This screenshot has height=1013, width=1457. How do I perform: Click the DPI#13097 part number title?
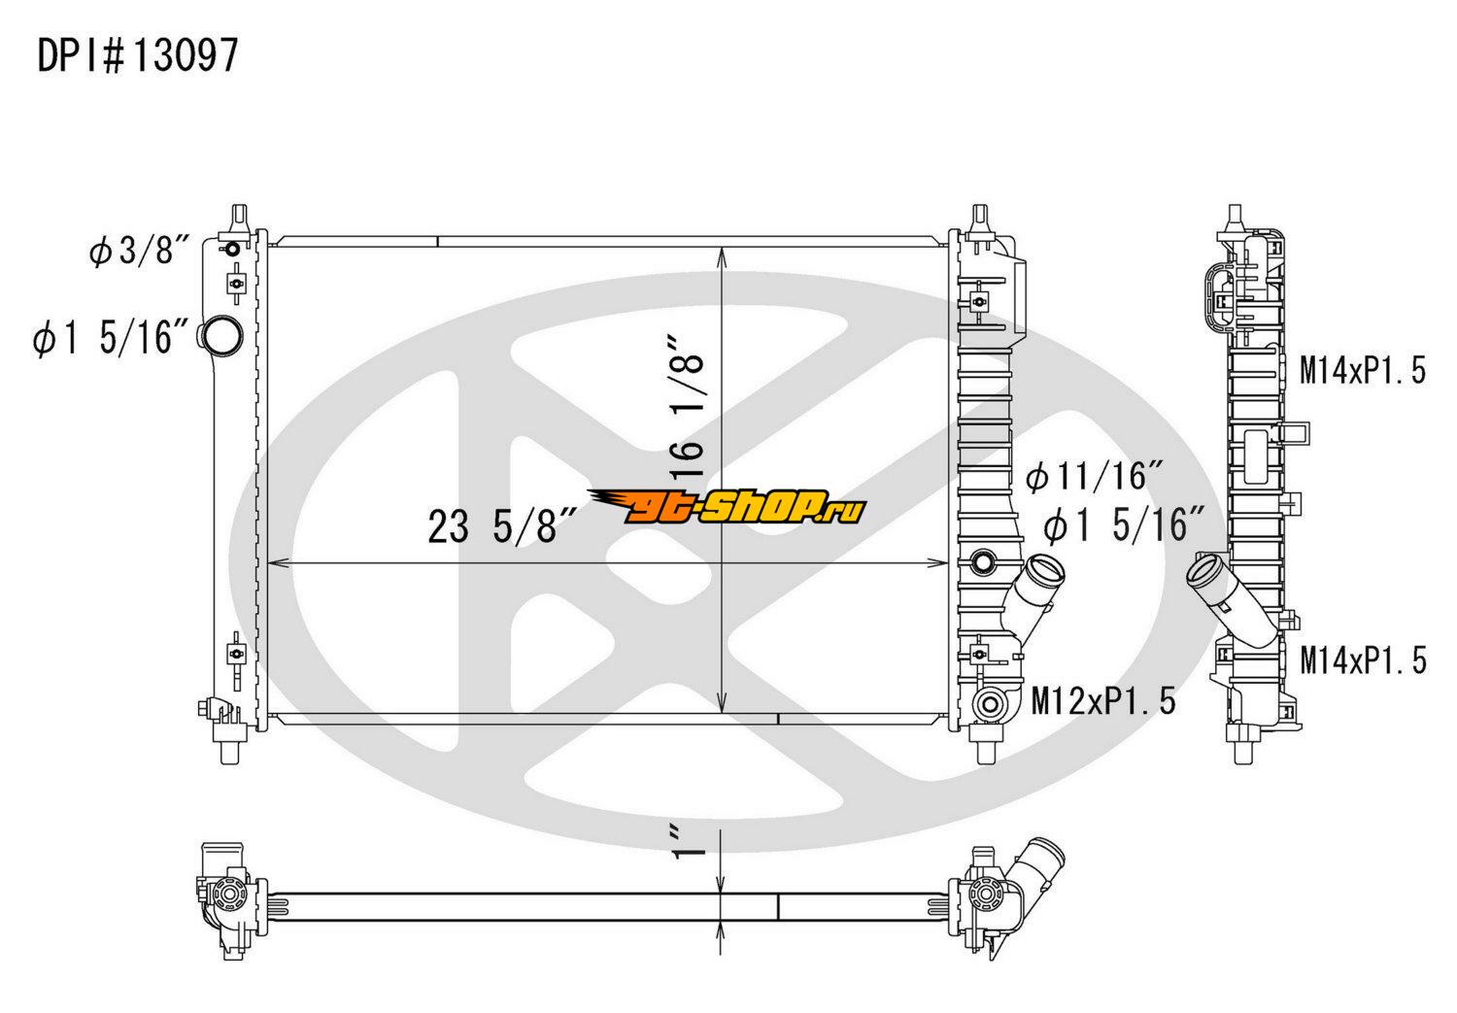point(137,56)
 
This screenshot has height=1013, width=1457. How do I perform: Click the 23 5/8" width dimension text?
point(502,526)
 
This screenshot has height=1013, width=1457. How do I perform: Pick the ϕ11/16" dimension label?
point(1095,476)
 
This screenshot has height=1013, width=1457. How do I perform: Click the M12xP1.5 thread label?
point(1103,701)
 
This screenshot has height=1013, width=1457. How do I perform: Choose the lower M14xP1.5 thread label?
point(1364,659)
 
